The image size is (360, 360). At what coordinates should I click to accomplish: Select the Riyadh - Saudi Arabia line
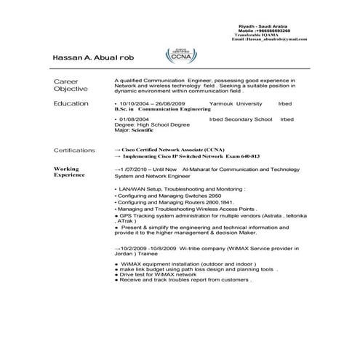(263, 25)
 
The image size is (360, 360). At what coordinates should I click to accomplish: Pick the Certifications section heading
(74, 151)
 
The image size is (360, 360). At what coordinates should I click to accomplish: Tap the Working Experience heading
(71, 172)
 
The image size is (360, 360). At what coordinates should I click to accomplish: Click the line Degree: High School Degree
(149, 124)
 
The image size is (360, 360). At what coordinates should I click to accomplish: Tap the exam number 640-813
(246, 156)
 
